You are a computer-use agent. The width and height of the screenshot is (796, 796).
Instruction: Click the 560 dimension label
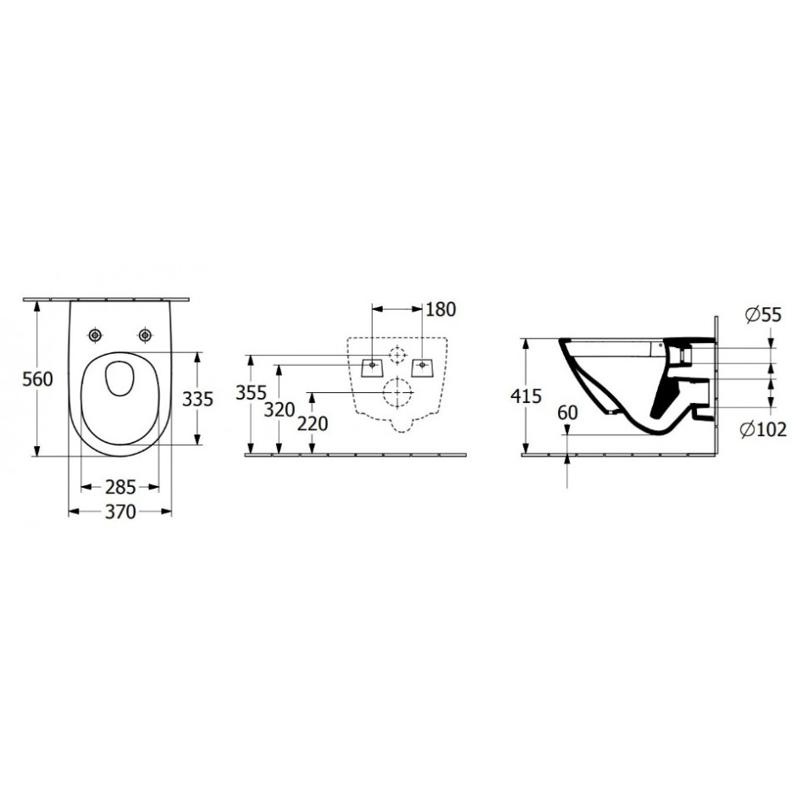pyautogui.click(x=37, y=379)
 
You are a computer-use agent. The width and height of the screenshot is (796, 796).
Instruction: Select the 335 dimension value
pyautogui.click(x=197, y=400)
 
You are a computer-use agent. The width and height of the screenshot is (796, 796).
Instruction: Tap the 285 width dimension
pyautogui.click(x=120, y=488)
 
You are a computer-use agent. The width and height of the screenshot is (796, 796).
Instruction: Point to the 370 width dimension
pyautogui.click(x=120, y=511)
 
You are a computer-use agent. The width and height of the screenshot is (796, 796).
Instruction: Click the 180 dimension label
pyautogui.click(x=440, y=309)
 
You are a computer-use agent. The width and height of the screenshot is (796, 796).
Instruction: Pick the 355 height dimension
pyautogui.click(x=251, y=392)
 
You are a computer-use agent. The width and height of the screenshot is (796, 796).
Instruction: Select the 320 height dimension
pyautogui.click(x=279, y=410)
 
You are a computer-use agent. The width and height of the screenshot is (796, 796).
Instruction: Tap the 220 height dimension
pyautogui.click(x=312, y=423)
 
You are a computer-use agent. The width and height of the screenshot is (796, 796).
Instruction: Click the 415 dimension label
pyautogui.click(x=527, y=396)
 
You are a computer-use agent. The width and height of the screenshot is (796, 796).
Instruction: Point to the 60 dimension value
pyautogui.click(x=567, y=412)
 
